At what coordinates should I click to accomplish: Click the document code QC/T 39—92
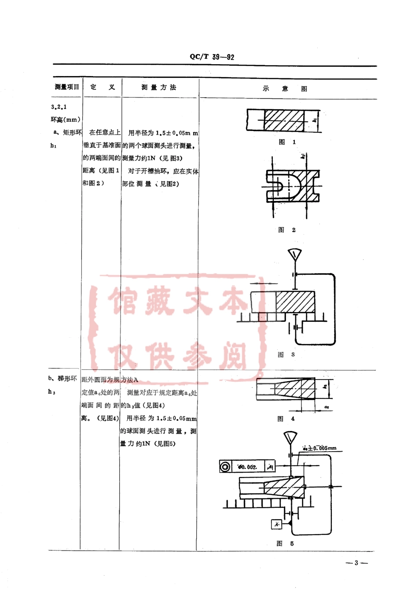pyautogui.click(x=212, y=57)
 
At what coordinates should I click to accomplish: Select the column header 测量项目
pyautogui.click(x=67, y=87)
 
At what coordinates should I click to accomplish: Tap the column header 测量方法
pyautogui.click(x=159, y=88)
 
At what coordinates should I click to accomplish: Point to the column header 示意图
pyautogui.click(x=285, y=88)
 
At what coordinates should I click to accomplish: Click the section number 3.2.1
pyautogui.click(x=59, y=107)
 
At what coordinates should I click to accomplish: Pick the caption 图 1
pyautogui.click(x=287, y=142)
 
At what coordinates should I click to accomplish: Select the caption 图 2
pyautogui.click(x=287, y=230)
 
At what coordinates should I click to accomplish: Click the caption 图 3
pyautogui.click(x=286, y=355)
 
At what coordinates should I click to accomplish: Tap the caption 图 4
pyautogui.click(x=286, y=419)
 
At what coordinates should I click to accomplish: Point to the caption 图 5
pyautogui.click(x=285, y=544)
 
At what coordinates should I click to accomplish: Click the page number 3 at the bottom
pyautogui.click(x=356, y=562)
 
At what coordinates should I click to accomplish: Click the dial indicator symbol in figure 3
pyautogui.click(x=294, y=255)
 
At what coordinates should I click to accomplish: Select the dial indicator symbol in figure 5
pyautogui.click(x=290, y=438)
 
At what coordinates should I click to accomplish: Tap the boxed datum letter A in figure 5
pyautogui.click(x=276, y=524)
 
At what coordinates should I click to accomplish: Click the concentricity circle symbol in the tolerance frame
pyautogui.click(x=225, y=467)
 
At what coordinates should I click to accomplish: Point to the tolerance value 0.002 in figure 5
pyautogui.click(x=247, y=467)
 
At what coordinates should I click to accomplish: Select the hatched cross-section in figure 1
pyautogui.click(x=284, y=120)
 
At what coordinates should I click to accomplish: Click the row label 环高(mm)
pyautogui.click(x=66, y=120)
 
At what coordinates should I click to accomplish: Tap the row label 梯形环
pyautogui.click(x=67, y=379)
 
